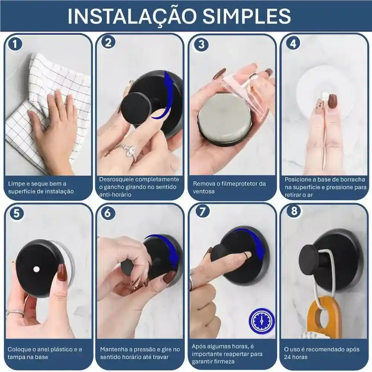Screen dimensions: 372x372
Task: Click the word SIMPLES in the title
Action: [x=247, y=16]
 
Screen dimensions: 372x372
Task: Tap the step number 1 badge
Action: [x=15, y=44]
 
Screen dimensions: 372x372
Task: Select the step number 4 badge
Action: [x=293, y=44]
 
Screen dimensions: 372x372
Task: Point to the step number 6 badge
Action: [x=108, y=213]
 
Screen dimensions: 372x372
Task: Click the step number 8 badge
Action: [x=294, y=211]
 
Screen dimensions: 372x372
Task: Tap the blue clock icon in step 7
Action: [x=262, y=321]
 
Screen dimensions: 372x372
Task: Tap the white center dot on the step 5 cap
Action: [x=36, y=269]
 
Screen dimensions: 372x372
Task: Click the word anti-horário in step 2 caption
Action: [x=115, y=195]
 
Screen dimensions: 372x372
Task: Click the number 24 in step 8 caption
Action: [x=288, y=357]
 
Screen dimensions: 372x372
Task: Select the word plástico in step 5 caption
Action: [x=59, y=349]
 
